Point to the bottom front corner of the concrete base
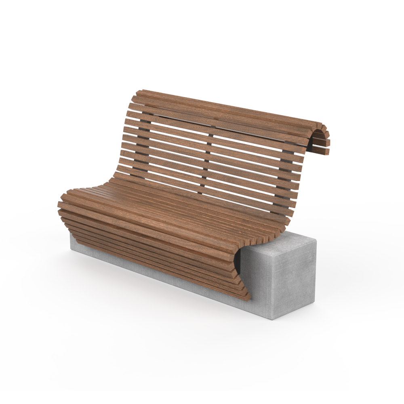point(273,319)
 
